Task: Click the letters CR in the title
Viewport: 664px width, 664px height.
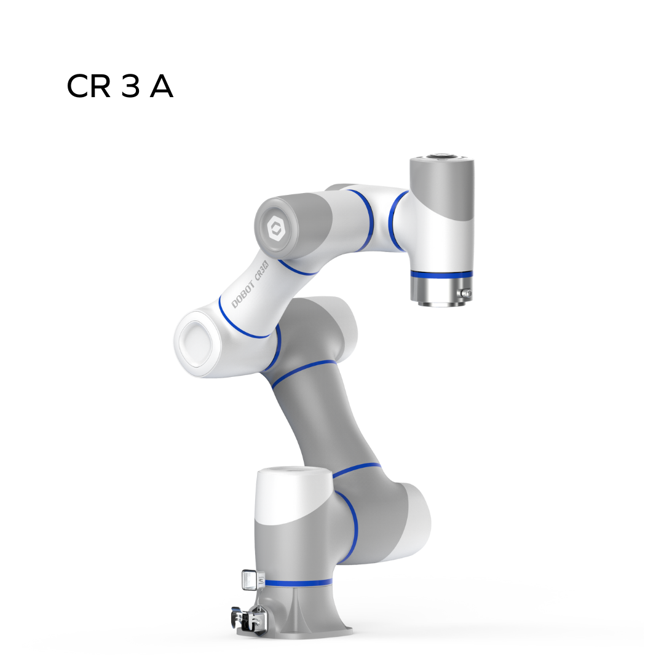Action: tap(89, 87)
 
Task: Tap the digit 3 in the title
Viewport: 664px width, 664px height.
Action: tap(130, 87)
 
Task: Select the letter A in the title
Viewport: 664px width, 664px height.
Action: tap(161, 87)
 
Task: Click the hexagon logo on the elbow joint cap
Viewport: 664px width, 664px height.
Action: tap(276, 228)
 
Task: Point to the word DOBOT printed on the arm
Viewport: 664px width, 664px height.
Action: tap(243, 294)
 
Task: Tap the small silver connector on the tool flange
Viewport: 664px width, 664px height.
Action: tap(466, 293)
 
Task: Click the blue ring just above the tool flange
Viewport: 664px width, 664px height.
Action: tap(441, 275)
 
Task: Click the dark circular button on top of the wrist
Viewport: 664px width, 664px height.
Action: tap(441, 156)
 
